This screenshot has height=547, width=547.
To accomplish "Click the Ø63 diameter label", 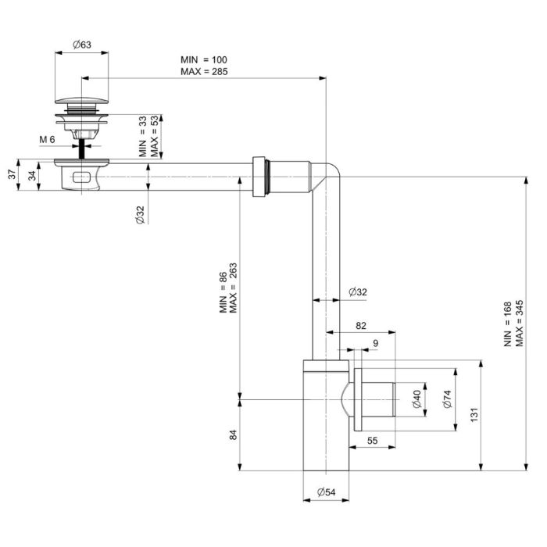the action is pyautogui.click(x=82, y=45).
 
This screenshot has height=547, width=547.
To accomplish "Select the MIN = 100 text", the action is pyautogui.click(x=204, y=59).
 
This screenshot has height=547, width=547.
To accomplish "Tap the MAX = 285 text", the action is pyautogui.click(x=204, y=72).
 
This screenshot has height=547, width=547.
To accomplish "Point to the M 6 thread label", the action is pyautogui.click(x=47, y=140).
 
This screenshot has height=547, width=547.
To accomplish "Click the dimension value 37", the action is pyautogui.click(x=13, y=174).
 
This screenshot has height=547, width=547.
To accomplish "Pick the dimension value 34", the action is pyautogui.click(x=32, y=176).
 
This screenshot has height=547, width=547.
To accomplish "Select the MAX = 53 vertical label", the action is pyautogui.click(x=154, y=136).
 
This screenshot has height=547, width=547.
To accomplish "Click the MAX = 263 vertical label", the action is pyautogui.click(x=233, y=288).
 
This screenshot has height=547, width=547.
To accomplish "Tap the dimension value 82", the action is pyautogui.click(x=361, y=326).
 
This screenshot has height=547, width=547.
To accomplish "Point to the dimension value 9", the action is pyautogui.click(x=375, y=343).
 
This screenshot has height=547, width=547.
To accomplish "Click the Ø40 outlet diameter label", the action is pyautogui.click(x=417, y=399).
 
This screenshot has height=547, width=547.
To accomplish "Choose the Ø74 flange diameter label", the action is pyautogui.click(x=447, y=399).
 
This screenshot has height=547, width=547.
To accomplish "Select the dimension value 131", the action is pyautogui.click(x=474, y=415).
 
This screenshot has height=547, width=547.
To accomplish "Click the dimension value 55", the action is pyautogui.click(x=372, y=441).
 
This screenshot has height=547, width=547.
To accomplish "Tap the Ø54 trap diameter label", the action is pyautogui.click(x=326, y=492).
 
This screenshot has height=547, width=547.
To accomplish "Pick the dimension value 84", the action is pyautogui.click(x=233, y=435).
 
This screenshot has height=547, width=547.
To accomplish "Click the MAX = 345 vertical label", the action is pyautogui.click(x=520, y=324).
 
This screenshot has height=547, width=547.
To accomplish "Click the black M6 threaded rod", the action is pyautogui.click(x=82, y=148).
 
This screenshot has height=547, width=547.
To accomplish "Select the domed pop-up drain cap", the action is pyautogui.click(x=81, y=101).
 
